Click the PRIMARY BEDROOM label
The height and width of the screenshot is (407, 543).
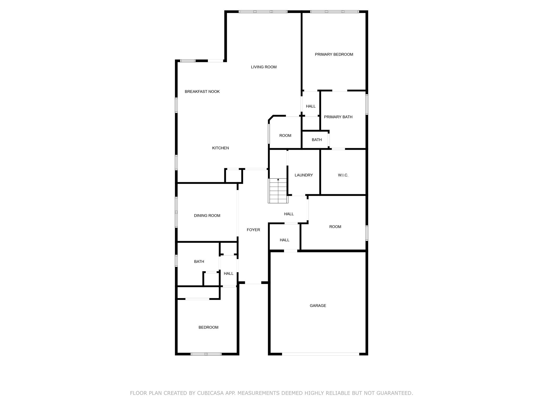(334, 54)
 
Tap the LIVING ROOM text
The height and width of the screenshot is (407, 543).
(264, 67)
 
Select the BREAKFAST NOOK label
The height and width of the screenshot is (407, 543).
(202, 92)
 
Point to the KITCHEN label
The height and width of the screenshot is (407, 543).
(220, 148)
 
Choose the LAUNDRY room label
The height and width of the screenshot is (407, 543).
(304, 175)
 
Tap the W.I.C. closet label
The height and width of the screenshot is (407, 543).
(343, 175)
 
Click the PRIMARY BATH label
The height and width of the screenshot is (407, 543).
(338, 117)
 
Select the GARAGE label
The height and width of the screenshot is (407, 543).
(318, 306)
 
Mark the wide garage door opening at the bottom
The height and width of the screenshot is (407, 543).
(320, 354)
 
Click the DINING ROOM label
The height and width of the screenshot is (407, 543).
(207, 216)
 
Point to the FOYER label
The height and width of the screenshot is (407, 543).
(253, 230)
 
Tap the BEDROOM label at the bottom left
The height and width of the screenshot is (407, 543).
(208, 327)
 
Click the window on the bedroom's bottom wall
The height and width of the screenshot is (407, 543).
(206, 354)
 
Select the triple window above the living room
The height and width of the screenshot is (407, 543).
(263, 12)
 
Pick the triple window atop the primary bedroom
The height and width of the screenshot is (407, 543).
(334, 12)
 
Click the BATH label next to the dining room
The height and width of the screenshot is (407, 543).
(199, 262)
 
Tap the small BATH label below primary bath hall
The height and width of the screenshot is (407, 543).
(317, 140)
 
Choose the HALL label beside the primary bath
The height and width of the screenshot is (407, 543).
(310, 106)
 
